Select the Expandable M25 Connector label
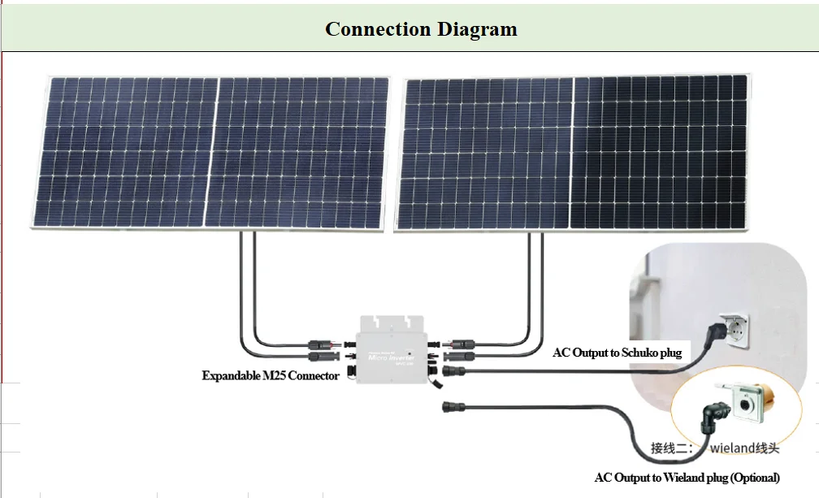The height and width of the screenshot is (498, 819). tap(271, 376)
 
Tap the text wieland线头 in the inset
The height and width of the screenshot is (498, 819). tap(744, 448)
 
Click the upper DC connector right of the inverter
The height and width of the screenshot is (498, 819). tap(464, 343)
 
